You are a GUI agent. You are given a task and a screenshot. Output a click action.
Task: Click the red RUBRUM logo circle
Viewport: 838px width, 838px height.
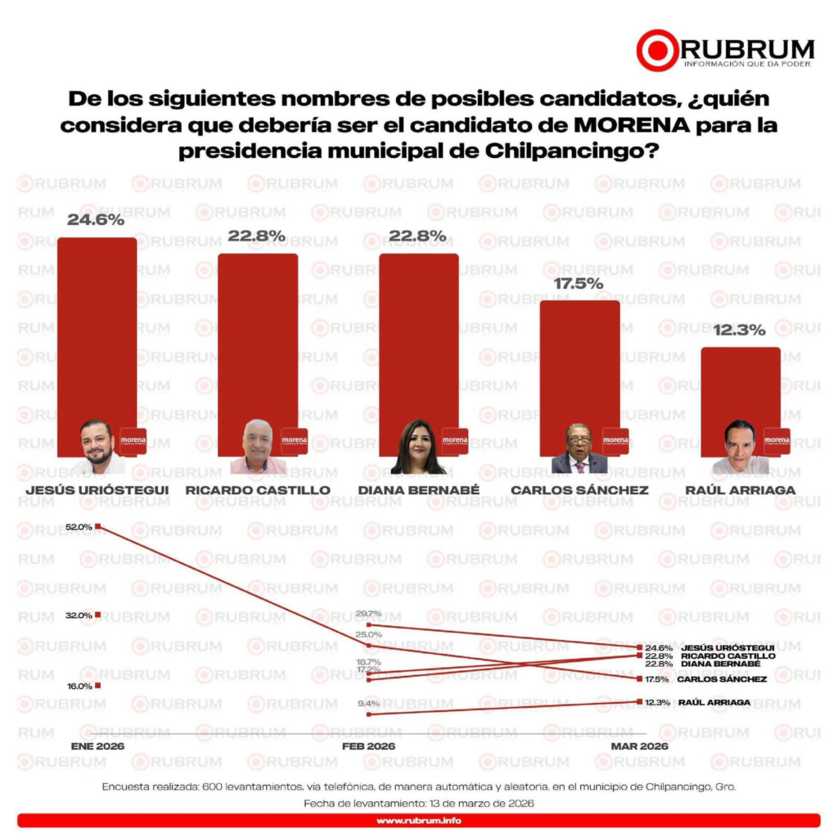click(657, 50)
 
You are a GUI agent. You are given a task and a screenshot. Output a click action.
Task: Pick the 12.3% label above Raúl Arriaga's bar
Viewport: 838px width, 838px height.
click(739, 331)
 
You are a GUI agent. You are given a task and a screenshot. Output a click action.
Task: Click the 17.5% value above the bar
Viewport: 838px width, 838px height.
click(579, 283)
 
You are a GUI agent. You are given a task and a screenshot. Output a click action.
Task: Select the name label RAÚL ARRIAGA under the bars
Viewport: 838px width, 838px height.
click(740, 490)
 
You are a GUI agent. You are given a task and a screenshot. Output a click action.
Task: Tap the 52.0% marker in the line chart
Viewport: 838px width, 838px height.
click(97, 526)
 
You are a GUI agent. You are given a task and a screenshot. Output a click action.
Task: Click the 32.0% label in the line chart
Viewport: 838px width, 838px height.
click(79, 615)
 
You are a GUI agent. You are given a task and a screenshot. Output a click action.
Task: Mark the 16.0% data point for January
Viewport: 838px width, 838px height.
click(97, 685)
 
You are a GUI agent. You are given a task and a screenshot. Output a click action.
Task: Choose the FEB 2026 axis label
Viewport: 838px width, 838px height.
click(368, 746)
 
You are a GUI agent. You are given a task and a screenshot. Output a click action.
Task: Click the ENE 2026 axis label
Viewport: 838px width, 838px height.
click(98, 746)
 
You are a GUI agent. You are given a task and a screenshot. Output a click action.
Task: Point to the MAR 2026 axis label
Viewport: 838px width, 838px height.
click(639, 746)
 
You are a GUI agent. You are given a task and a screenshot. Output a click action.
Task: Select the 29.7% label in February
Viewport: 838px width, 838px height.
click(369, 614)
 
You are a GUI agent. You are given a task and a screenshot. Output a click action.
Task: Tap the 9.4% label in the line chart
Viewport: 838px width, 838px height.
click(369, 703)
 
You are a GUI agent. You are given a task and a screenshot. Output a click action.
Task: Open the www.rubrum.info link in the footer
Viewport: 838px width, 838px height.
click(418, 820)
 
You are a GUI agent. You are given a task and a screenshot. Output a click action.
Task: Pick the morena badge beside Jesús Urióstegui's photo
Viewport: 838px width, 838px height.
click(133, 440)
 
